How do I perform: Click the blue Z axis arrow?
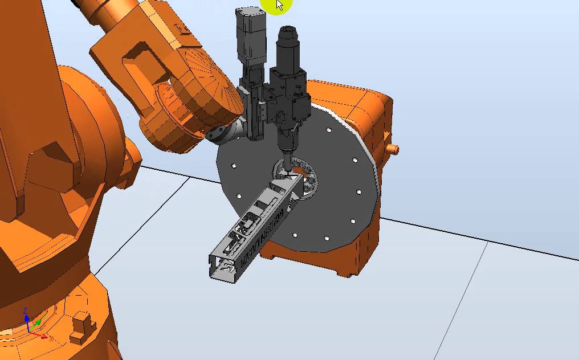26,319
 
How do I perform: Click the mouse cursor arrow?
279,5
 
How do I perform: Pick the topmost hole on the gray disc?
329,130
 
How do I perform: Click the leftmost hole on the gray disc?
233,166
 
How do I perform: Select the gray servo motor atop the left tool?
250,34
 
